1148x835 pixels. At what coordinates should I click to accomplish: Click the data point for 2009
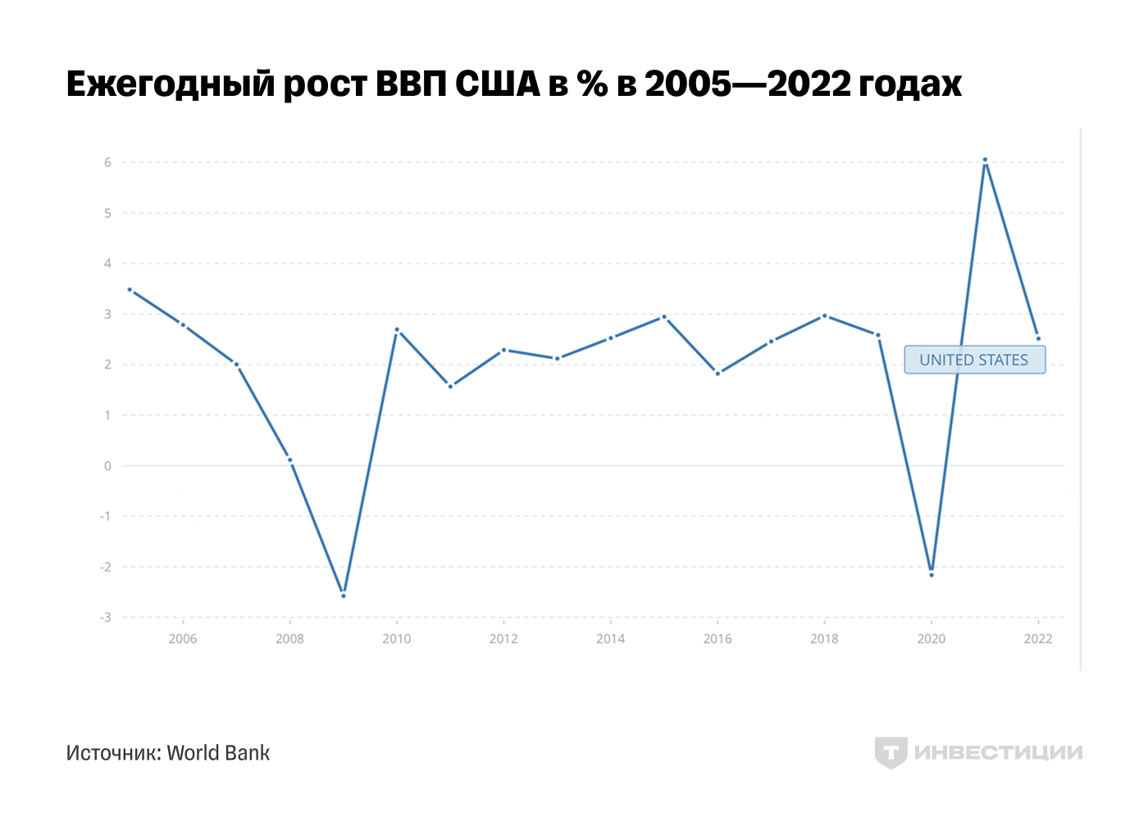point(344,596)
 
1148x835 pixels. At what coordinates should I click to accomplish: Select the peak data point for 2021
point(985,160)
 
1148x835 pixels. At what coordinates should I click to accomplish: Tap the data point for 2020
point(932,574)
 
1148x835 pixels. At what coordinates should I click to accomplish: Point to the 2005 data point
point(130,289)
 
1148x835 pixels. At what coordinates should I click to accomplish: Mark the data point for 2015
point(664,316)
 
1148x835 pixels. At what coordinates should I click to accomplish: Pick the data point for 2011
point(450,386)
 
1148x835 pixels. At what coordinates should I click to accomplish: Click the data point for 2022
point(1038,338)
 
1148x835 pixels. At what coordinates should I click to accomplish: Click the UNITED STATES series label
point(974,360)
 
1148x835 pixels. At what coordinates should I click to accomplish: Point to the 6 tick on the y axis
point(107,162)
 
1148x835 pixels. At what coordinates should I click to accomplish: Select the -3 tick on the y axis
point(106,617)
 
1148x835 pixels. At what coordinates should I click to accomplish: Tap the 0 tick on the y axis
point(107,465)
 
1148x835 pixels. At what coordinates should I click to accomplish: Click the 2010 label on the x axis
point(397,639)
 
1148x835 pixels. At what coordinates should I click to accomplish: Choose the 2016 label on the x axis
point(717,639)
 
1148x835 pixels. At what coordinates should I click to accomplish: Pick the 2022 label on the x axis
point(1038,639)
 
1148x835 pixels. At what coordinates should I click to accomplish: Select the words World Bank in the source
point(218,753)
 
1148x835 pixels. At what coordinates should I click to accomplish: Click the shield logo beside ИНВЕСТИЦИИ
point(891,752)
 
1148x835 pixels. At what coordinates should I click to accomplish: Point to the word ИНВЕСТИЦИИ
point(998,752)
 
